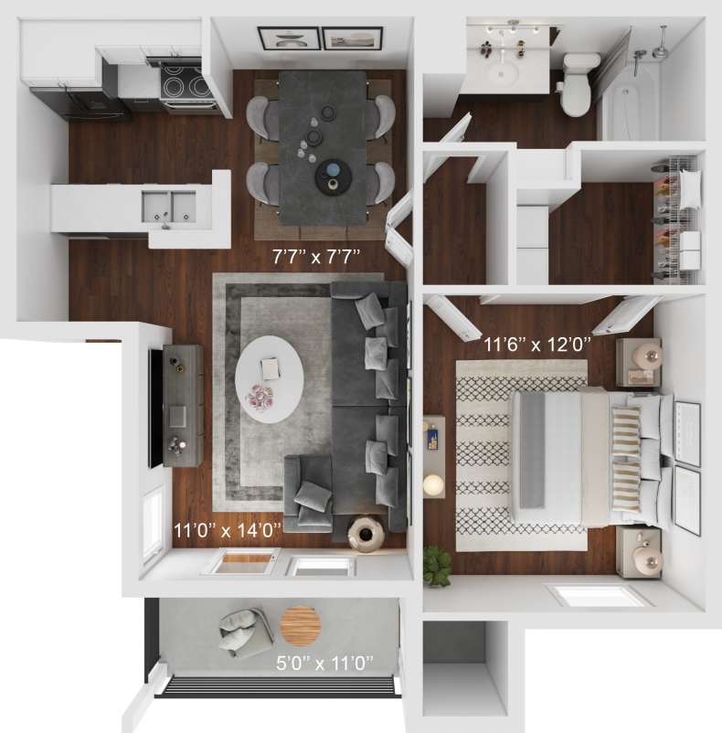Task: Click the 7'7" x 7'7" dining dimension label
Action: [x=317, y=257]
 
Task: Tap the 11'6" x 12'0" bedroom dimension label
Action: [x=538, y=345]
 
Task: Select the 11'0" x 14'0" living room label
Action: [x=228, y=527]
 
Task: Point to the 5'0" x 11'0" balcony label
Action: [x=326, y=662]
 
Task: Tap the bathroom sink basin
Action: [x=501, y=73]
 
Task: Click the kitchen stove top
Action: [x=187, y=85]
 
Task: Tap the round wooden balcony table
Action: [x=297, y=626]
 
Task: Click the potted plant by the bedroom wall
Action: [x=438, y=563]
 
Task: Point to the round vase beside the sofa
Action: [x=367, y=532]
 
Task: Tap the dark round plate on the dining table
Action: [x=332, y=175]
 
